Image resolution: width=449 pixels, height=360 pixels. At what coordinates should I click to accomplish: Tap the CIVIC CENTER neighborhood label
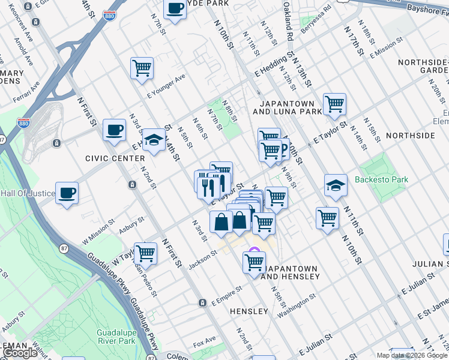coord(115,158)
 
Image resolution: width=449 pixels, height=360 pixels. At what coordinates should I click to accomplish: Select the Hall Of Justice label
coord(28,193)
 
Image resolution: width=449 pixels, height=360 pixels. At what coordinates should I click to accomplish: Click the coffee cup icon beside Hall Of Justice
coord(67,193)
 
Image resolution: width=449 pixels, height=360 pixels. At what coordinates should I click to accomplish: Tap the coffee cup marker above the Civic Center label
coord(114,130)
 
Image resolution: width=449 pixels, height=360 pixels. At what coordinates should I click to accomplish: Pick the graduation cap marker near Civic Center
coord(154,141)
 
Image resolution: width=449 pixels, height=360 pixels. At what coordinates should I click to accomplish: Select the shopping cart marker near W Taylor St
coord(145,253)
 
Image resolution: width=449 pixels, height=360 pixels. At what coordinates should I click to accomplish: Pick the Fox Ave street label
coord(204,342)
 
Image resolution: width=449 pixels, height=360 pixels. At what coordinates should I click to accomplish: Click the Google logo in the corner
coord(20,353)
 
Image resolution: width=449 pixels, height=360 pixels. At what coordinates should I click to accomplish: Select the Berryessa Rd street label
coord(316,19)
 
